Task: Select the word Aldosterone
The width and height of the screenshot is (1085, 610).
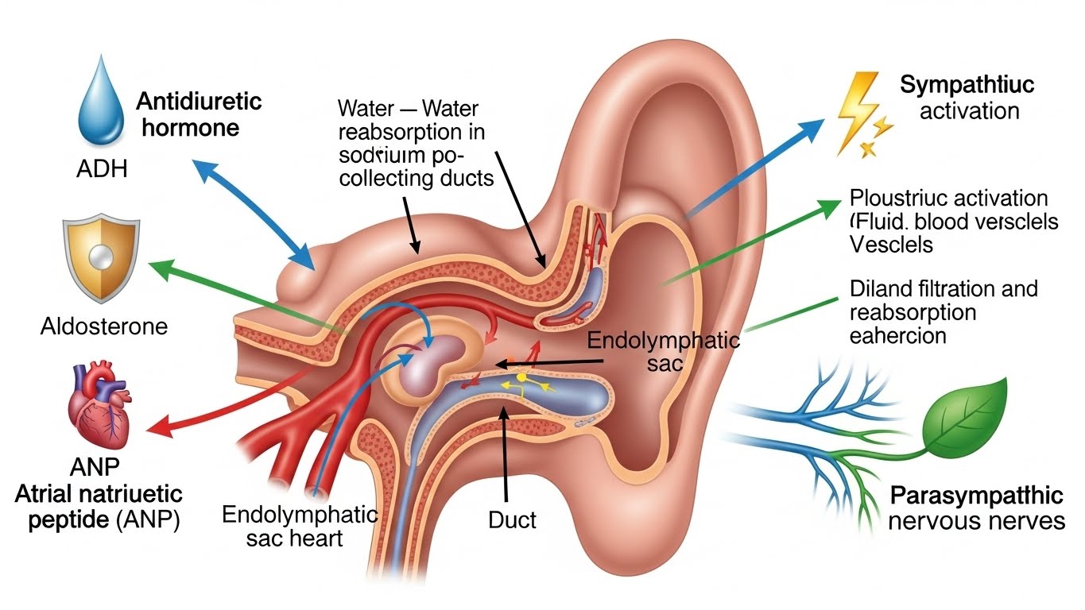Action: (104, 326)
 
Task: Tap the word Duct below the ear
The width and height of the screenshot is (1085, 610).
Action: (512, 520)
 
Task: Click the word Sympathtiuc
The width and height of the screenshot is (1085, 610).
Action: (967, 86)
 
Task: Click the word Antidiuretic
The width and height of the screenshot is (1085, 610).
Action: (199, 102)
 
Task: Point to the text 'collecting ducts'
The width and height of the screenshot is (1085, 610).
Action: (415, 179)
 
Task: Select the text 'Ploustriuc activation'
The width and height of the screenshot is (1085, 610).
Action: (948, 198)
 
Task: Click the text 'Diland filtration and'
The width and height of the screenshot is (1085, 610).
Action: (944, 288)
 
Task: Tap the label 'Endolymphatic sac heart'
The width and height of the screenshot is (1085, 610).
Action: (300, 525)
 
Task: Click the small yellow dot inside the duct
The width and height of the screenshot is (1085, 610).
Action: (521, 376)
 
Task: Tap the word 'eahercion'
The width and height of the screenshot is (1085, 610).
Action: (897, 335)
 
